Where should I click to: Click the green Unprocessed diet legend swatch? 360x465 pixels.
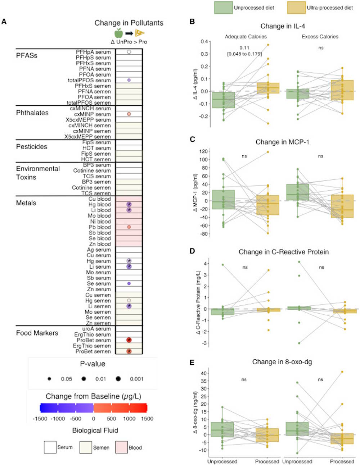pyautogui.click(x=223, y=8)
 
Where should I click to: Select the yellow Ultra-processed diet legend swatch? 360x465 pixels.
pyautogui.click(x=296, y=8)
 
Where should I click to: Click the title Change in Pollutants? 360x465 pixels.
pyautogui.click(x=129, y=23)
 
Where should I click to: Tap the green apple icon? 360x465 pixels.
pyautogui.click(x=118, y=33)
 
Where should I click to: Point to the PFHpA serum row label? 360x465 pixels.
pyautogui.click(x=93, y=52)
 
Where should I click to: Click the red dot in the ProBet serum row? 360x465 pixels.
pyautogui.click(x=129, y=340)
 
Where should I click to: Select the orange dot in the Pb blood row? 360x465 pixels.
pyautogui.click(x=129, y=227)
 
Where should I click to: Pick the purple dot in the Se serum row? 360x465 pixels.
pyautogui.click(x=129, y=284)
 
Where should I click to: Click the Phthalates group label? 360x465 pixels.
pyautogui.click(x=32, y=113)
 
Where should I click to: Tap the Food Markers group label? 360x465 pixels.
pyautogui.click(x=37, y=333)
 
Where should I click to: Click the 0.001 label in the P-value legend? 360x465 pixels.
pyautogui.click(x=136, y=379)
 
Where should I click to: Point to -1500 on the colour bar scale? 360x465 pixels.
pyautogui.click(x=40, y=419)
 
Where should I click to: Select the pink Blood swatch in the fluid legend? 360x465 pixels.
pyautogui.click(x=122, y=447)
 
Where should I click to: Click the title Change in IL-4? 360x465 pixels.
pyautogui.click(x=283, y=26)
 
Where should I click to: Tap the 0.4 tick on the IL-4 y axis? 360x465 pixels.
pyautogui.click(x=204, y=42)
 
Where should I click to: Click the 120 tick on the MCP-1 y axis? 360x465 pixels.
pyautogui.click(x=203, y=151)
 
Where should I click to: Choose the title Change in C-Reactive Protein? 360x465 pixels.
pyautogui.click(x=283, y=252)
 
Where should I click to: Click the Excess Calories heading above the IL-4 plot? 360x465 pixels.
pyautogui.click(x=320, y=37)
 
